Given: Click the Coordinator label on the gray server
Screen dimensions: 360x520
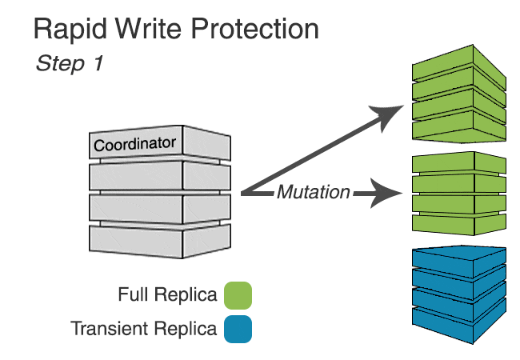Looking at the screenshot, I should pos(134,145).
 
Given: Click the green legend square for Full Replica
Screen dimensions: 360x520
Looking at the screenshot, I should pos(238,295).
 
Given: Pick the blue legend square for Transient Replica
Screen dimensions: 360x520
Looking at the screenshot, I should pos(238,329).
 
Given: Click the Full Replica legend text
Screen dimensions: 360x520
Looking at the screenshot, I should pos(167,295).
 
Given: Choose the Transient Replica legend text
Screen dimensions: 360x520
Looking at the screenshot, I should pos(144,329).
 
